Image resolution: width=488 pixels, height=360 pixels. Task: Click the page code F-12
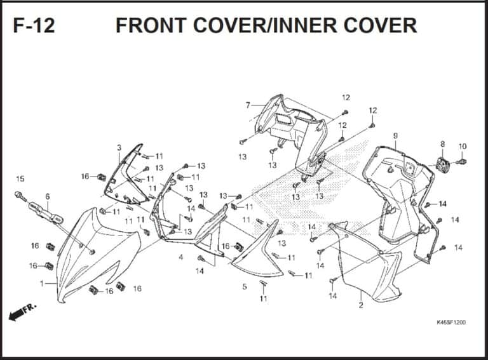34,25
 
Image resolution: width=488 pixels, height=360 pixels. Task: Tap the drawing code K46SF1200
451,323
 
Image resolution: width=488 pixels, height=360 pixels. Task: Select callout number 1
42,283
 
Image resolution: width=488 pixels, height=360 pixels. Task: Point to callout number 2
360,305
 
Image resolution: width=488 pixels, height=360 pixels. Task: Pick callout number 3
119,148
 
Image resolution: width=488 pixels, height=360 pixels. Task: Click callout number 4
181,257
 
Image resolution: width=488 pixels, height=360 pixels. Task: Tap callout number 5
244,286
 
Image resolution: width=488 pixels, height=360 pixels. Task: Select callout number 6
47,197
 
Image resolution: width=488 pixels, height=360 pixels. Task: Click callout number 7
248,105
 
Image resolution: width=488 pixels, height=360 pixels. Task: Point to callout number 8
442,144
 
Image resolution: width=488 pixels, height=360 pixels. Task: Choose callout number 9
395,136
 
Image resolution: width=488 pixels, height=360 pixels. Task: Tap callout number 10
463,146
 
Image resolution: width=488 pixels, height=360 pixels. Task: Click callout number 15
20,179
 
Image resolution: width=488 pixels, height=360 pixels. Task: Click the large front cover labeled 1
95,254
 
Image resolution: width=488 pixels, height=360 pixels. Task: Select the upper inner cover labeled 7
289,127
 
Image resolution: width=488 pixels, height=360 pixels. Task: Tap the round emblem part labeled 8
443,166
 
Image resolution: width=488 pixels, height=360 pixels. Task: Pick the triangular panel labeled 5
257,251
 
